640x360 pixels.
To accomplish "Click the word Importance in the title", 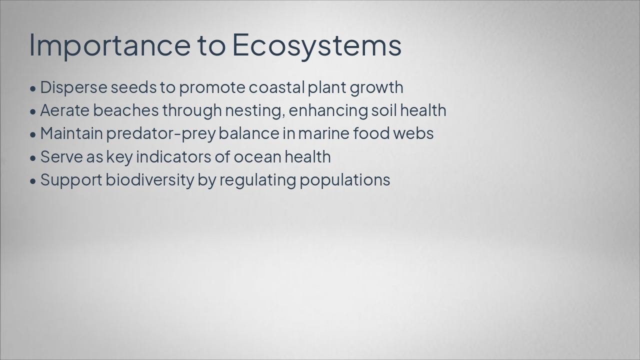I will (x=109, y=45).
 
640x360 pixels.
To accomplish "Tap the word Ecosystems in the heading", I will (x=316, y=45).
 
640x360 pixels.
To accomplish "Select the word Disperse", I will (x=73, y=87).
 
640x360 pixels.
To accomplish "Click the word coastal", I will (x=276, y=87).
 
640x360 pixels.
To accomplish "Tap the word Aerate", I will (x=65, y=110).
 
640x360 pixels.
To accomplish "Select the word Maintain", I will (x=71, y=133).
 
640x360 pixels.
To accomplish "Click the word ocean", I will (x=257, y=157).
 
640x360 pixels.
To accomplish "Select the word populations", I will (x=344, y=180).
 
